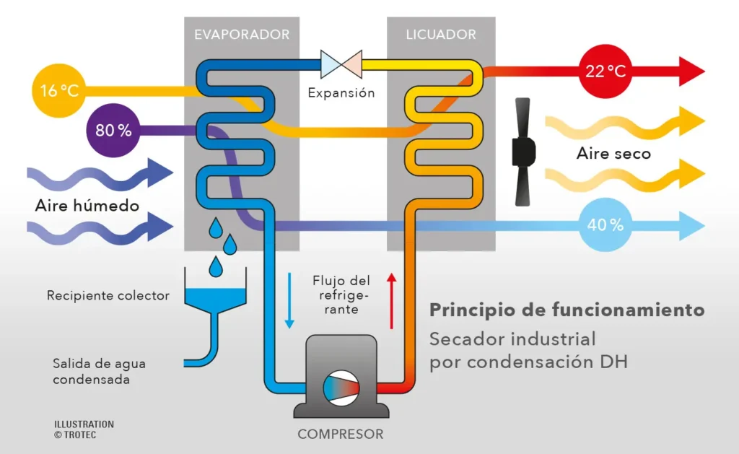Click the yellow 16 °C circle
point(58,92)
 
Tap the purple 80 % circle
point(113,131)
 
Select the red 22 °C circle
point(605,71)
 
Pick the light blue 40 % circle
point(605,224)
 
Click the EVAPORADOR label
point(242,35)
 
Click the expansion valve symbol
point(341,64)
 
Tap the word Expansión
point(341,93)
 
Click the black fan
point(525,151)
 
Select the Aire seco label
point(613,154)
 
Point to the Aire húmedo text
point(87,206)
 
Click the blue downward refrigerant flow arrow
point(289,299)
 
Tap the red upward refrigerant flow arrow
point(392,299)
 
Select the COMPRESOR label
point(341,435)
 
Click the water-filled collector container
point(214,296)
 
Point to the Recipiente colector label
point(108,295)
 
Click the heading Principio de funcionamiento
point(567,310)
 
